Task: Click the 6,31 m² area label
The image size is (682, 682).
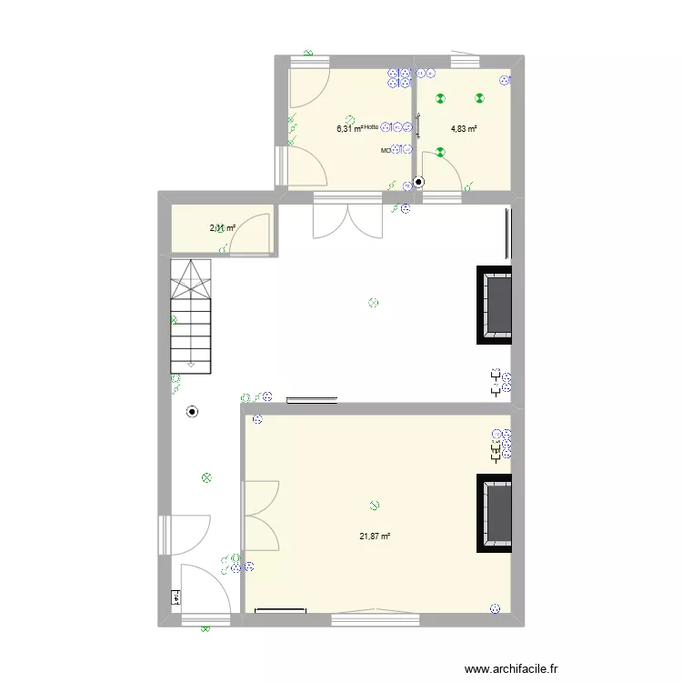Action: point(348,128)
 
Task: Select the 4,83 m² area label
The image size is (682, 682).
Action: point(464,128)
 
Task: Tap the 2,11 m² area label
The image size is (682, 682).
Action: point(223,228)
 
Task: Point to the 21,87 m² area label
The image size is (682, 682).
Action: point(374,536)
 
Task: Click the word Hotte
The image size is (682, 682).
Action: point(370,127)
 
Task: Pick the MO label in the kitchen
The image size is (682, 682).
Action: point(386,150)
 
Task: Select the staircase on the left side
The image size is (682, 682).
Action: point(191,315)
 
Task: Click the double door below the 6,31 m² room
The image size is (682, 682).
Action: point(346,218)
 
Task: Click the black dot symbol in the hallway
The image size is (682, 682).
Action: point(192,412)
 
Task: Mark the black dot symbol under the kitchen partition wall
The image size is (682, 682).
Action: point(418,182)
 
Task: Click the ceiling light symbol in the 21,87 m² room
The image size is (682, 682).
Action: point(374,506)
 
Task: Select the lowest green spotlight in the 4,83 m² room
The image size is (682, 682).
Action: point(439,153)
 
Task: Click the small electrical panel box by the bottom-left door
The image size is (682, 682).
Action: point(176,597)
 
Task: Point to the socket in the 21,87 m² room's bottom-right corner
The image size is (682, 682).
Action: point(496,609)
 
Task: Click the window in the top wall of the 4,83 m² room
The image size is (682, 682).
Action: point(465,62)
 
